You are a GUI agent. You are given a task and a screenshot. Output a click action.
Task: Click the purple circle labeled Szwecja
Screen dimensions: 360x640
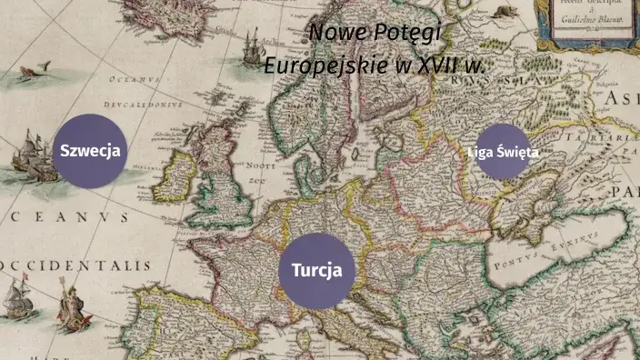click(89, 151)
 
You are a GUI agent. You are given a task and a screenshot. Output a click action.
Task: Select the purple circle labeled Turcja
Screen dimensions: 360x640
click(315, 270)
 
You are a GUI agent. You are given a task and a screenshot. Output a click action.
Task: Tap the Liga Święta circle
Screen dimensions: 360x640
click(502, 152)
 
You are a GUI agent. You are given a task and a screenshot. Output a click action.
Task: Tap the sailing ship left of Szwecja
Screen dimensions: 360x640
click(32, 152)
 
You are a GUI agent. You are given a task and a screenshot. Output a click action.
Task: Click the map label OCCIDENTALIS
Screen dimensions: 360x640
click(77, 265)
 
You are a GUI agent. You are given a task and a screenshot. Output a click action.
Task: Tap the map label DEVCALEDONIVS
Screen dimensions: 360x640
click(141, 105)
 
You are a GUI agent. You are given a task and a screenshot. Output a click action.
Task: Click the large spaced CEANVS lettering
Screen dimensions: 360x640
click(68, 218)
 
